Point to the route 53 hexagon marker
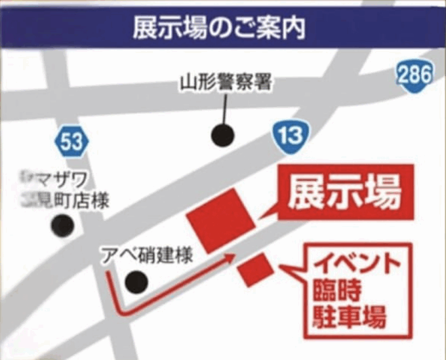(68, 140)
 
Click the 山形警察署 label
(225, 84)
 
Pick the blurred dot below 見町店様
(64, 226)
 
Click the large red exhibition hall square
(221, 221)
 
